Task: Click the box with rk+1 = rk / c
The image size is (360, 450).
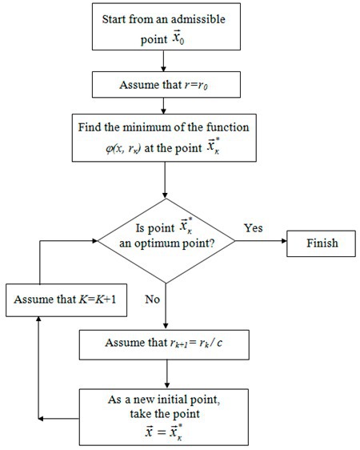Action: click(163, 344)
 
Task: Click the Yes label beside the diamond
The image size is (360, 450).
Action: click(254, 227)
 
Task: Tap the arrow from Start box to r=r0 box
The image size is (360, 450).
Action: click(163, 62)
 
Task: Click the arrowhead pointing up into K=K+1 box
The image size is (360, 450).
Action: click(37, 321)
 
